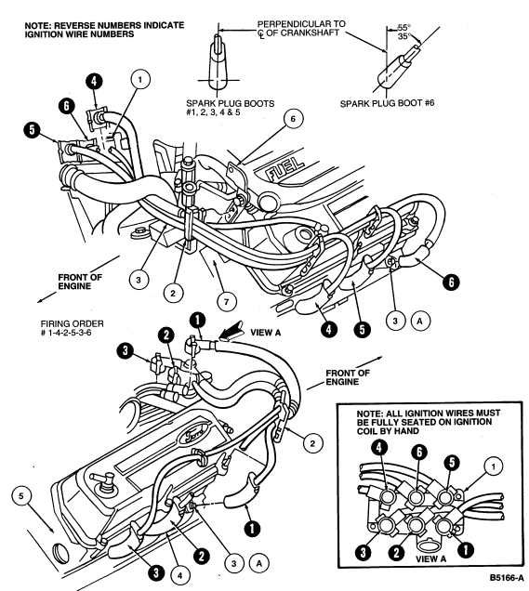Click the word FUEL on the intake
tap(285, 167)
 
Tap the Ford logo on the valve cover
tap(194, 433)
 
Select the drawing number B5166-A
tap(507, 578)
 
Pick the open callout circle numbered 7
tap(226, 301)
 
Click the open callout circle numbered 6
tap(293, 118)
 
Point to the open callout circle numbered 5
tap(21, 496)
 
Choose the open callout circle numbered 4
tap(179, 575)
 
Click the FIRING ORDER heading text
tap(72, 323)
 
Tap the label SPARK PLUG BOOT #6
tap(388, 103)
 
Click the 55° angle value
tap(404, 28)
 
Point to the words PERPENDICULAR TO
tap(301, 24)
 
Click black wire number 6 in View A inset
tap(419, 452)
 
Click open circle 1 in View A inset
tap(493, 466)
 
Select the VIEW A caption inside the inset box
tap(431, 558)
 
